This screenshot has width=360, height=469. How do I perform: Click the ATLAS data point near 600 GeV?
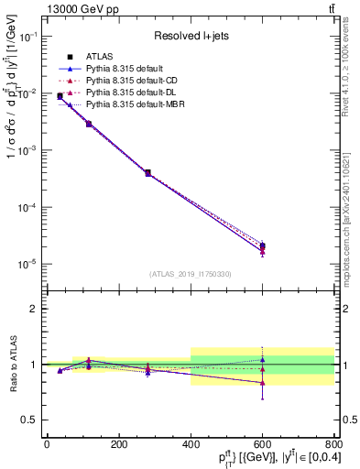(x=262, y=246)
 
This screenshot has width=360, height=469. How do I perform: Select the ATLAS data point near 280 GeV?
(x=147, y=172)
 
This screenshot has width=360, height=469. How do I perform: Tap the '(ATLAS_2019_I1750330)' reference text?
(x=191, y=274)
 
